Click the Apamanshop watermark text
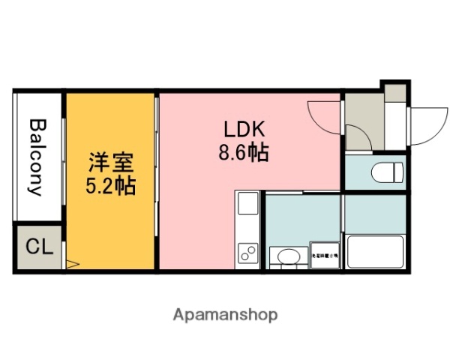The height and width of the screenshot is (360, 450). pyautogui.click(x=225, y=314)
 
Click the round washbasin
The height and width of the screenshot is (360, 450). pyautogui.click(x=287, y=258)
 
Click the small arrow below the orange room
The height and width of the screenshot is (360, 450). pyautogui.click(x=72, y=263)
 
